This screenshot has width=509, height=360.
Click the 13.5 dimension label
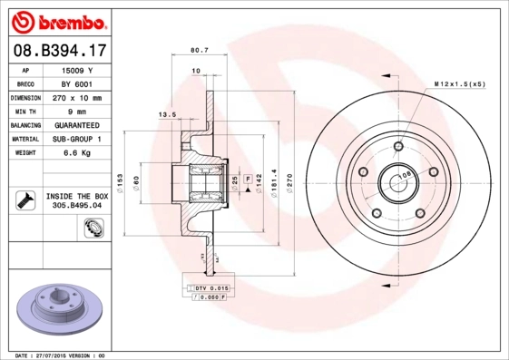[x=167, y=115]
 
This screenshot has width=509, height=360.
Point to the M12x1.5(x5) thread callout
[x=459, y=83]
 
